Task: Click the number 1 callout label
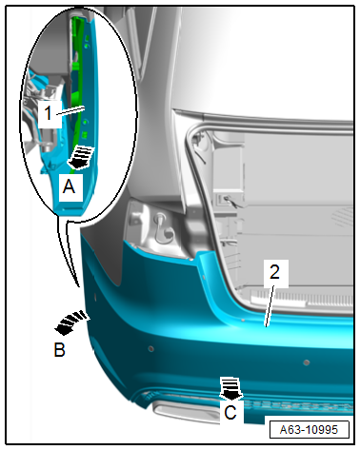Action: [x=48, y=113]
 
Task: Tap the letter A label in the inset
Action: [x=70, y=186]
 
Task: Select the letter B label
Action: [x=60, y=350]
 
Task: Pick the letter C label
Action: [x=230, y=413]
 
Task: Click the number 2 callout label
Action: [x=274, y=272]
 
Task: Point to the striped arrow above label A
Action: [x=81, y=157]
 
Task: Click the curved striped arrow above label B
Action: [x=71, y=323]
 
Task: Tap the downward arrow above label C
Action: [x=231, y=388]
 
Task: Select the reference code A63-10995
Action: [x=309, y=430]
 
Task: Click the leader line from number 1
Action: [x=70, y=110]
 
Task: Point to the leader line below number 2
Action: [x=270, y=306]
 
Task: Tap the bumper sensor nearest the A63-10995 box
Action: [x=307, y=362]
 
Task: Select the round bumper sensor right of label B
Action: [x=151, y=349]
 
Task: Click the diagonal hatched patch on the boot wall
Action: [x=343, y=216]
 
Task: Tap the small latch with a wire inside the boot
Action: [x=230, y=202]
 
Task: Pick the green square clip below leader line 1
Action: [x=85, y=134]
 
